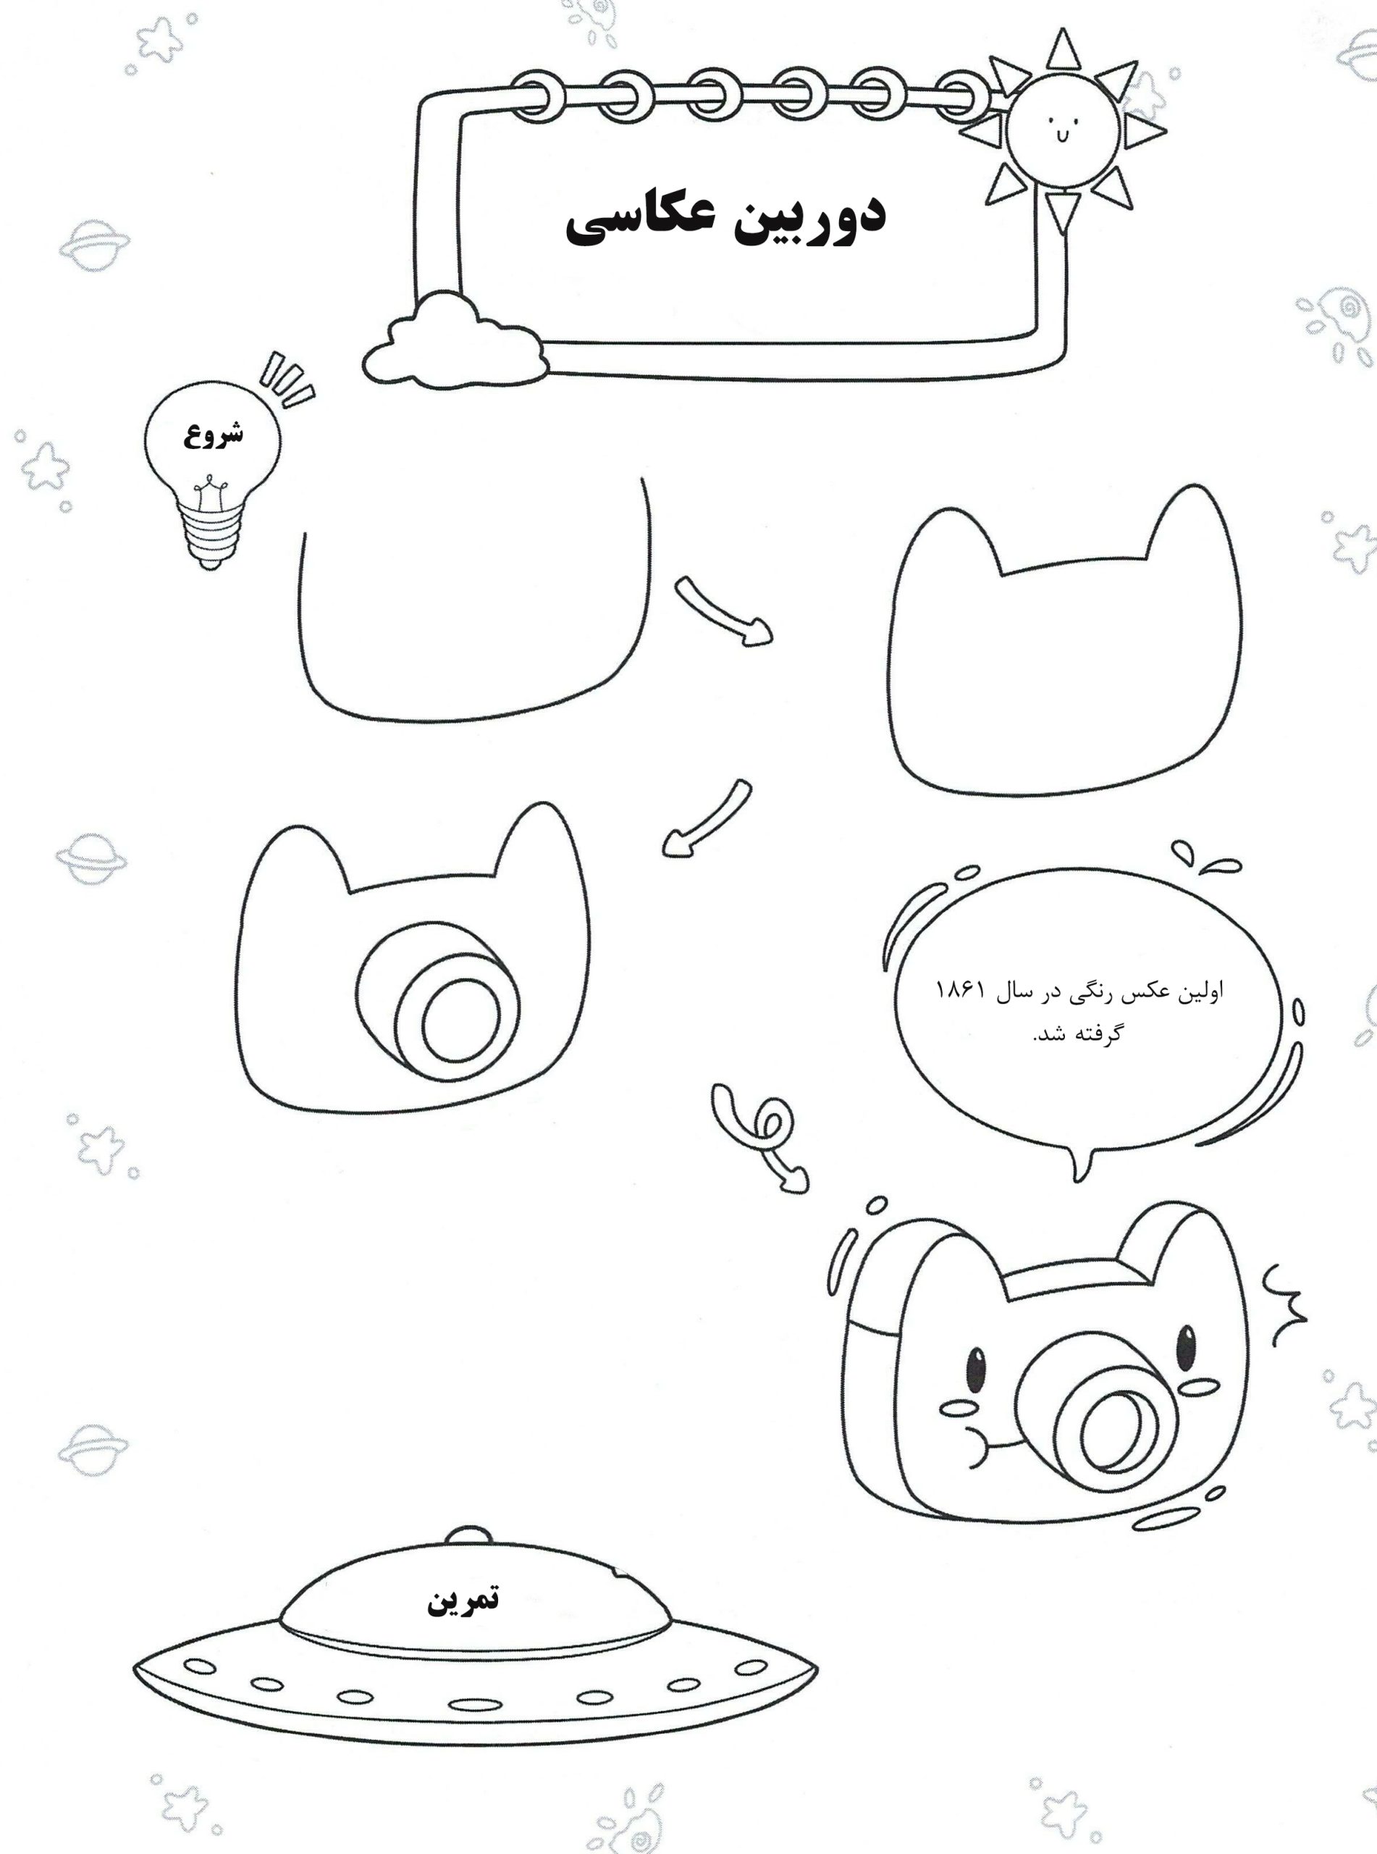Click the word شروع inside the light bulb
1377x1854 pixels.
214,435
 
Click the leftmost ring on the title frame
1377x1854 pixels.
542,97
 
